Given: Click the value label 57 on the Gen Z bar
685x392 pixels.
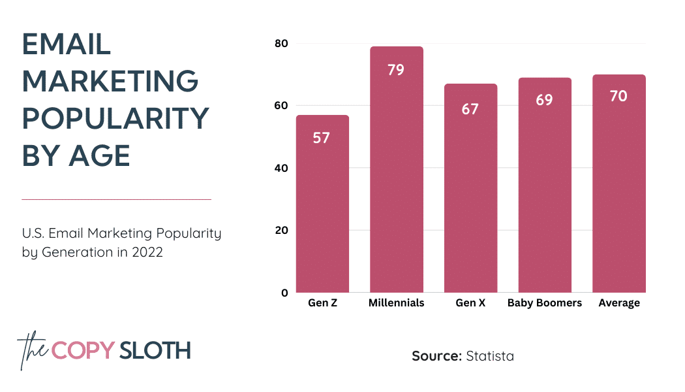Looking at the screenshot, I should (x=321, y=138).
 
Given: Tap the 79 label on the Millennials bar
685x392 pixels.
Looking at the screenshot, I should (x=396, y=69).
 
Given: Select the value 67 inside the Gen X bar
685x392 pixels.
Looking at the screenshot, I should (x=470, y=108).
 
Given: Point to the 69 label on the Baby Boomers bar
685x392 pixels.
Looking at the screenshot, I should (x=544, y=100).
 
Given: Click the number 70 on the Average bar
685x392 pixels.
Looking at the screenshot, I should (x=618, y=96).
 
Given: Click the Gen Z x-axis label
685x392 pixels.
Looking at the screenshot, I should (x=322, y=303).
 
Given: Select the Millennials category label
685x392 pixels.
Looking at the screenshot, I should (x=396, y=303).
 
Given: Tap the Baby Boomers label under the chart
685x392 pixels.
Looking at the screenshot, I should (x=544, y=303).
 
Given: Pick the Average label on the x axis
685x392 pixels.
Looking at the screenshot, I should (x=619, y=303).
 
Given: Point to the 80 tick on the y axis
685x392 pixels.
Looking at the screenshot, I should (x=281, y=44).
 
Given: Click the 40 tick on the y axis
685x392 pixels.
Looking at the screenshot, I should (x=281, y=168).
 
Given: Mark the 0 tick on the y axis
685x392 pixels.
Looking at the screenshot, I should (x=284, y=293).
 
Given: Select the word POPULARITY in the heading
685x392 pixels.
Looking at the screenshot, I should (x=115, y=119).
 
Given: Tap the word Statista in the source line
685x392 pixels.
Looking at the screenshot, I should (x=490, y=356).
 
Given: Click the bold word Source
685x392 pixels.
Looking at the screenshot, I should (x=436, y=356).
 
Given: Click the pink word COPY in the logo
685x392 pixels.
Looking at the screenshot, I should (x=83, y=350).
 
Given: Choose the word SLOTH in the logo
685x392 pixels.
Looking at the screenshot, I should (x=155, y=350).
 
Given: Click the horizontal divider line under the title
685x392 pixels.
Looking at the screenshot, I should (x=116, y=199).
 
